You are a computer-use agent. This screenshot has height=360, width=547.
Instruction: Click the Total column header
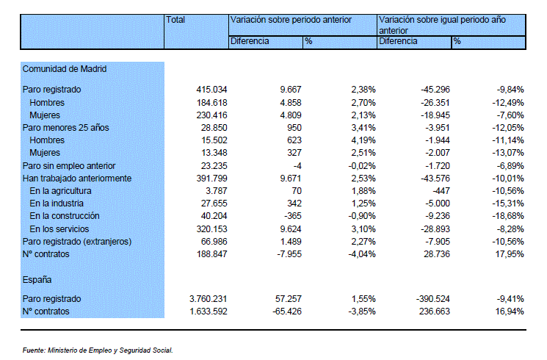pos(175,20)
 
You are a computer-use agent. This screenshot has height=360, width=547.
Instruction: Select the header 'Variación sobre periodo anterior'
pos(291,20)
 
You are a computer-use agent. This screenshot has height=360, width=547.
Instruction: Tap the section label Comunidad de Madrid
pos(65,69)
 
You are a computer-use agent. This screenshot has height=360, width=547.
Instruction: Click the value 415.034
pos(211,90)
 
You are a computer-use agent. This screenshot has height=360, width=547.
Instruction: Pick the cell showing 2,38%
pos(363,90)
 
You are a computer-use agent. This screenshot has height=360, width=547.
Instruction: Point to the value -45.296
pos(435,90)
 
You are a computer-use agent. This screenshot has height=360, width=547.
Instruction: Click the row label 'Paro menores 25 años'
pos(65,128)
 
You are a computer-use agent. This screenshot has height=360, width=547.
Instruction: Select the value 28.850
pos(214,128)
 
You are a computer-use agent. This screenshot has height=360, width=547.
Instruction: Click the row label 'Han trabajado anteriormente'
pos(77,179)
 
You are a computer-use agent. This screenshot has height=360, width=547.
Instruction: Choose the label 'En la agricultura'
pos(60,191)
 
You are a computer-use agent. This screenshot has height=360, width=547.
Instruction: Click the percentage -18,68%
pos(508,216)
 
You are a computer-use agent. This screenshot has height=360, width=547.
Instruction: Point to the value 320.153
pos(211,229)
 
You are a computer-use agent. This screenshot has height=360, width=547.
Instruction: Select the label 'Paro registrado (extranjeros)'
pos(77,242)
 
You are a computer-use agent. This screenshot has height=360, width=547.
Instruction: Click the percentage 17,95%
pos(510,254)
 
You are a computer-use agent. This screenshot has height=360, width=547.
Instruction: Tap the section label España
pos(37,280)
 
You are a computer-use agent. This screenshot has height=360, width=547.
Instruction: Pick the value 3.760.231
pos(209,299)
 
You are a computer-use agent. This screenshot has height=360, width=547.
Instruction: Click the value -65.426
pos(287,312)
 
